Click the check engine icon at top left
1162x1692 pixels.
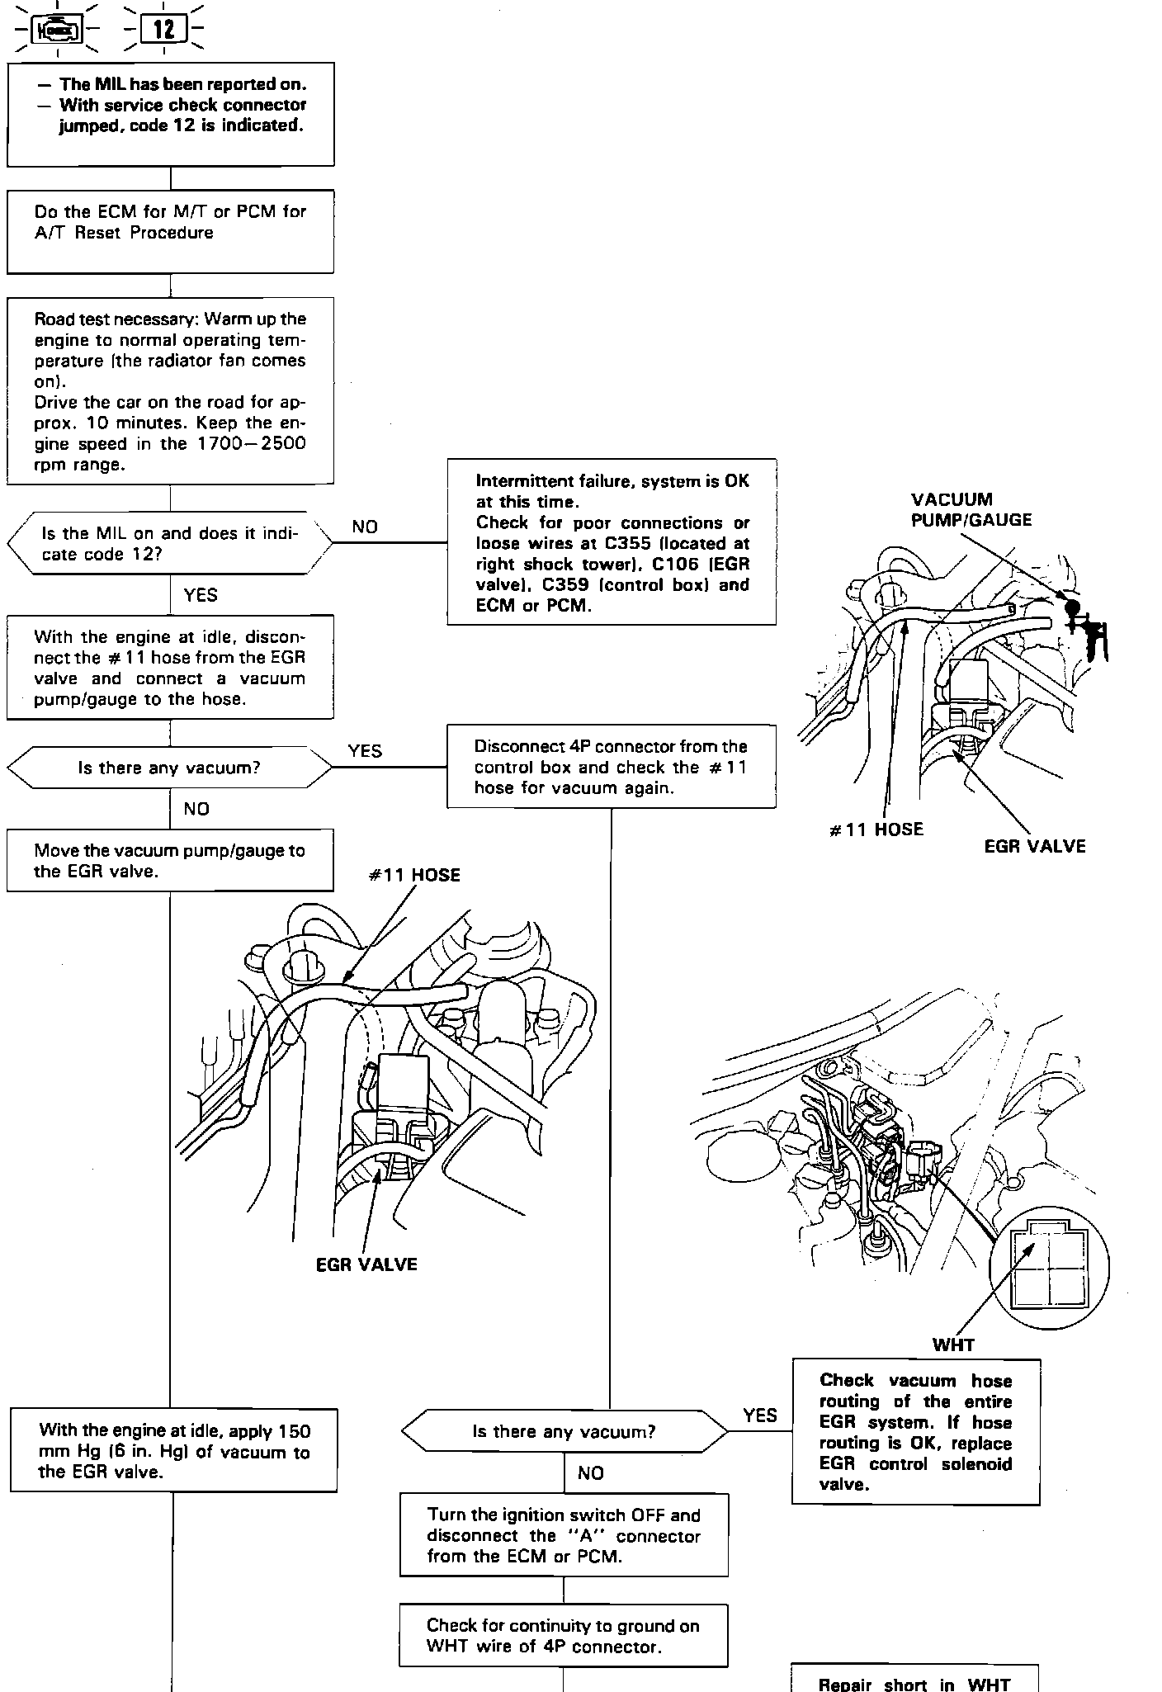[57, 31]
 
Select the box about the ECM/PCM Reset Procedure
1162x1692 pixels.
[170, 231]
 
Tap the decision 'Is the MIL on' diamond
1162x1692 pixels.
[170, 543]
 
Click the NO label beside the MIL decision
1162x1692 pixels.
[364, 527]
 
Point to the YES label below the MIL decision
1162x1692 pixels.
[201, 595]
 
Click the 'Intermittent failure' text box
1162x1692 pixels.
[612, 542]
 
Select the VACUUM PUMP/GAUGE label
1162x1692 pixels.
[971, 510]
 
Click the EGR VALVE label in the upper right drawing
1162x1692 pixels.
[1035, 846]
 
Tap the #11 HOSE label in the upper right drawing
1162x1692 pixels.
[876, 829]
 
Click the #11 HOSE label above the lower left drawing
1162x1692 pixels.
[414, 876]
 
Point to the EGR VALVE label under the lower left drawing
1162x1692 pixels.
[366, 1264]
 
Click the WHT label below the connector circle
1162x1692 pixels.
[953, 1345]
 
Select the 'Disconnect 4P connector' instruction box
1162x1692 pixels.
[612, 766]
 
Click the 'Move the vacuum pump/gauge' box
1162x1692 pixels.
[170, 860]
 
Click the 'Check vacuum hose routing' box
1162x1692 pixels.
[915, 1432]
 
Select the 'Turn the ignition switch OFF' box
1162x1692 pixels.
[564, 1535]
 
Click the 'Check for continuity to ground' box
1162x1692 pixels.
[564, 1636]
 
